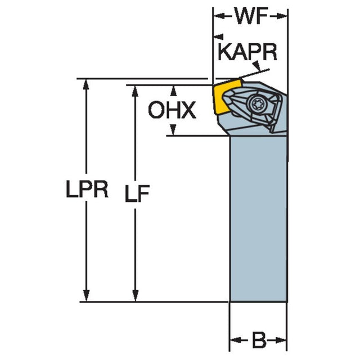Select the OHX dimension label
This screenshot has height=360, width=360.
[172, 111]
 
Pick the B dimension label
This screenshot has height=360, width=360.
[259, 340]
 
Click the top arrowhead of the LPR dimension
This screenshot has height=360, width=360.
[86, 84]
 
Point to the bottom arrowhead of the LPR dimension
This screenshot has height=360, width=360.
[86, 296]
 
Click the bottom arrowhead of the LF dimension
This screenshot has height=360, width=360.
[135, 296]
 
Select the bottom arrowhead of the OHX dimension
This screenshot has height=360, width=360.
[173, 130]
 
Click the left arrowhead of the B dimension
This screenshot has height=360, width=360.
[235, 340]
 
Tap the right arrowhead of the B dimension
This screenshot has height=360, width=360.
[282, 340]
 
